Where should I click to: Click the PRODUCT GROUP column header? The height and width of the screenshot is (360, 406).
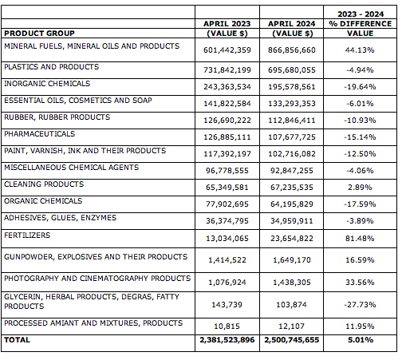[x=39, y=34]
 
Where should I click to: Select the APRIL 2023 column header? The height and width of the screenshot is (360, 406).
[x=227, y=24]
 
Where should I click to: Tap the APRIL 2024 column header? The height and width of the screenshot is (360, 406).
[x=291, y=24]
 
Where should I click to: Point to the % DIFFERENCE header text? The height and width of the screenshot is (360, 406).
[x=361, y=24]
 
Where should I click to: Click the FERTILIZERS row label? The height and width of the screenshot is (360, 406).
[x=27, y=235]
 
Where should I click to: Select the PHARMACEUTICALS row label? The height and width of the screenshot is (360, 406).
[x=40, y=133]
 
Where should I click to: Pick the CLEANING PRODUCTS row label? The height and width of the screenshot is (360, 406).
[x=44, y=184]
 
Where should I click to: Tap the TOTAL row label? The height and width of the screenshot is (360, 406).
[x=17, y=340]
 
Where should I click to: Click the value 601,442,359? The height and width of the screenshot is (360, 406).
[x=227, y=50]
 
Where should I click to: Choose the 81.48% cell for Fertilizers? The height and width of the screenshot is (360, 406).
[x=360, y=239]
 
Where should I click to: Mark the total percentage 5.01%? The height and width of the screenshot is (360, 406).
[x=361, y=340]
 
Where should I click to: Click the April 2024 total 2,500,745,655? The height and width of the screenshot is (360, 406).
[x=291, y=340]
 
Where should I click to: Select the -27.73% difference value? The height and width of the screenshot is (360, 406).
[x=360, y=305]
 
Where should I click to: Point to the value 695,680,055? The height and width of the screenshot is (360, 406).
[x=292, y=70]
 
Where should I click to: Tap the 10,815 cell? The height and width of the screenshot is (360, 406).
[x=227, y=326]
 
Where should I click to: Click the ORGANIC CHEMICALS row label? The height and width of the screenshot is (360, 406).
[x=43, y=201]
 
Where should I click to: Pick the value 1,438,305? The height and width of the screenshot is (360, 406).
[x=292, y=283]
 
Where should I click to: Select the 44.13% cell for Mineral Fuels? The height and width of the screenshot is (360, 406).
[x=360, y=50]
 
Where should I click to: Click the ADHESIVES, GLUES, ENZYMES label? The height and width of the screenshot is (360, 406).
[x=61, y=218]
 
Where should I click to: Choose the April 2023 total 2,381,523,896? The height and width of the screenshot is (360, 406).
[x=227, y=340]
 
